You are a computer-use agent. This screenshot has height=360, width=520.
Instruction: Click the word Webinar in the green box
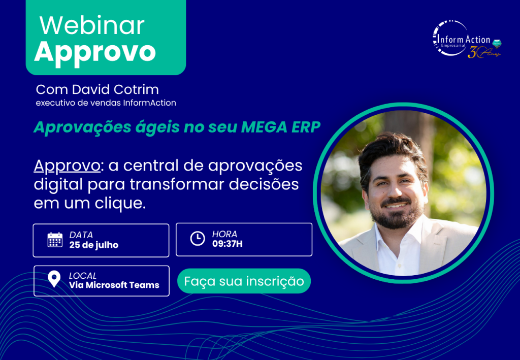(92, 25)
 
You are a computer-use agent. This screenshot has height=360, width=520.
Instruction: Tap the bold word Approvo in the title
(95, 52)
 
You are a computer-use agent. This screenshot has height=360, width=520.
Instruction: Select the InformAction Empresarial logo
(467, 40)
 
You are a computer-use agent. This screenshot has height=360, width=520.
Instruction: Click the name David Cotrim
(115, 89)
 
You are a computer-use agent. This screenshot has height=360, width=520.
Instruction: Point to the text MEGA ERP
(280, 127)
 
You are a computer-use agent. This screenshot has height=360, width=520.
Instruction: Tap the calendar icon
(55, 240)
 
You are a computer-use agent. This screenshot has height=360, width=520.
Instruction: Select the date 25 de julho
(94, 245)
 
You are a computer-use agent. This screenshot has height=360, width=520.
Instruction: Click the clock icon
(198, 239)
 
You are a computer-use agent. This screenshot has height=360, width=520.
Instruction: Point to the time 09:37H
(227, 244)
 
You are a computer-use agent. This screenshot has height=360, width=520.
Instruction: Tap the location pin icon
(54, 279)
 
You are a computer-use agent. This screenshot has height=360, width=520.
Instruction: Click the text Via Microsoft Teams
(114, 285)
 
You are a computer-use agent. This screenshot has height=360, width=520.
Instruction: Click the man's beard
(397, 215)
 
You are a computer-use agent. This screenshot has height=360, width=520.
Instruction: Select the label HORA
(224, 234)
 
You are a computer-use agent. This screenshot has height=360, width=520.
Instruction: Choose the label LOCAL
(83, 276)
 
